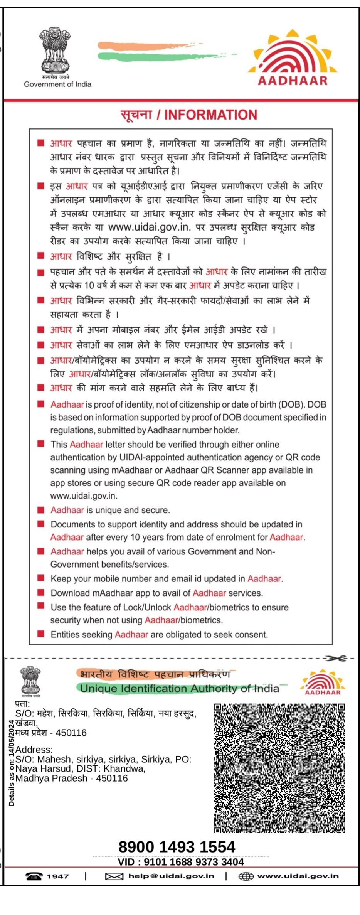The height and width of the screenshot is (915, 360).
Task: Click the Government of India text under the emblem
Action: [x=57, y=84]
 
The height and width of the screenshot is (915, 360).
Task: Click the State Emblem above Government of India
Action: [x=54, y=50]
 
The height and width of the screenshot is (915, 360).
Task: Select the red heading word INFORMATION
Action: [x=210, y=115]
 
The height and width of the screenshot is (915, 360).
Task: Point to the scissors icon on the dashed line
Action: [x=335, y=658]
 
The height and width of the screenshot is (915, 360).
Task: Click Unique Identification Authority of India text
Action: [x=179, y=689]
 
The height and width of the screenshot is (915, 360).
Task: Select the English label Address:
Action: [x=34, y=750]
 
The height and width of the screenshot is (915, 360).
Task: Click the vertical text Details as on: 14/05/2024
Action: [x=12, y=762]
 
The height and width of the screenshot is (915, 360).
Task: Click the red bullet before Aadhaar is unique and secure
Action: [x=40, y=510]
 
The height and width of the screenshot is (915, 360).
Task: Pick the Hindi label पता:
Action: [x=22, y=704]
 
